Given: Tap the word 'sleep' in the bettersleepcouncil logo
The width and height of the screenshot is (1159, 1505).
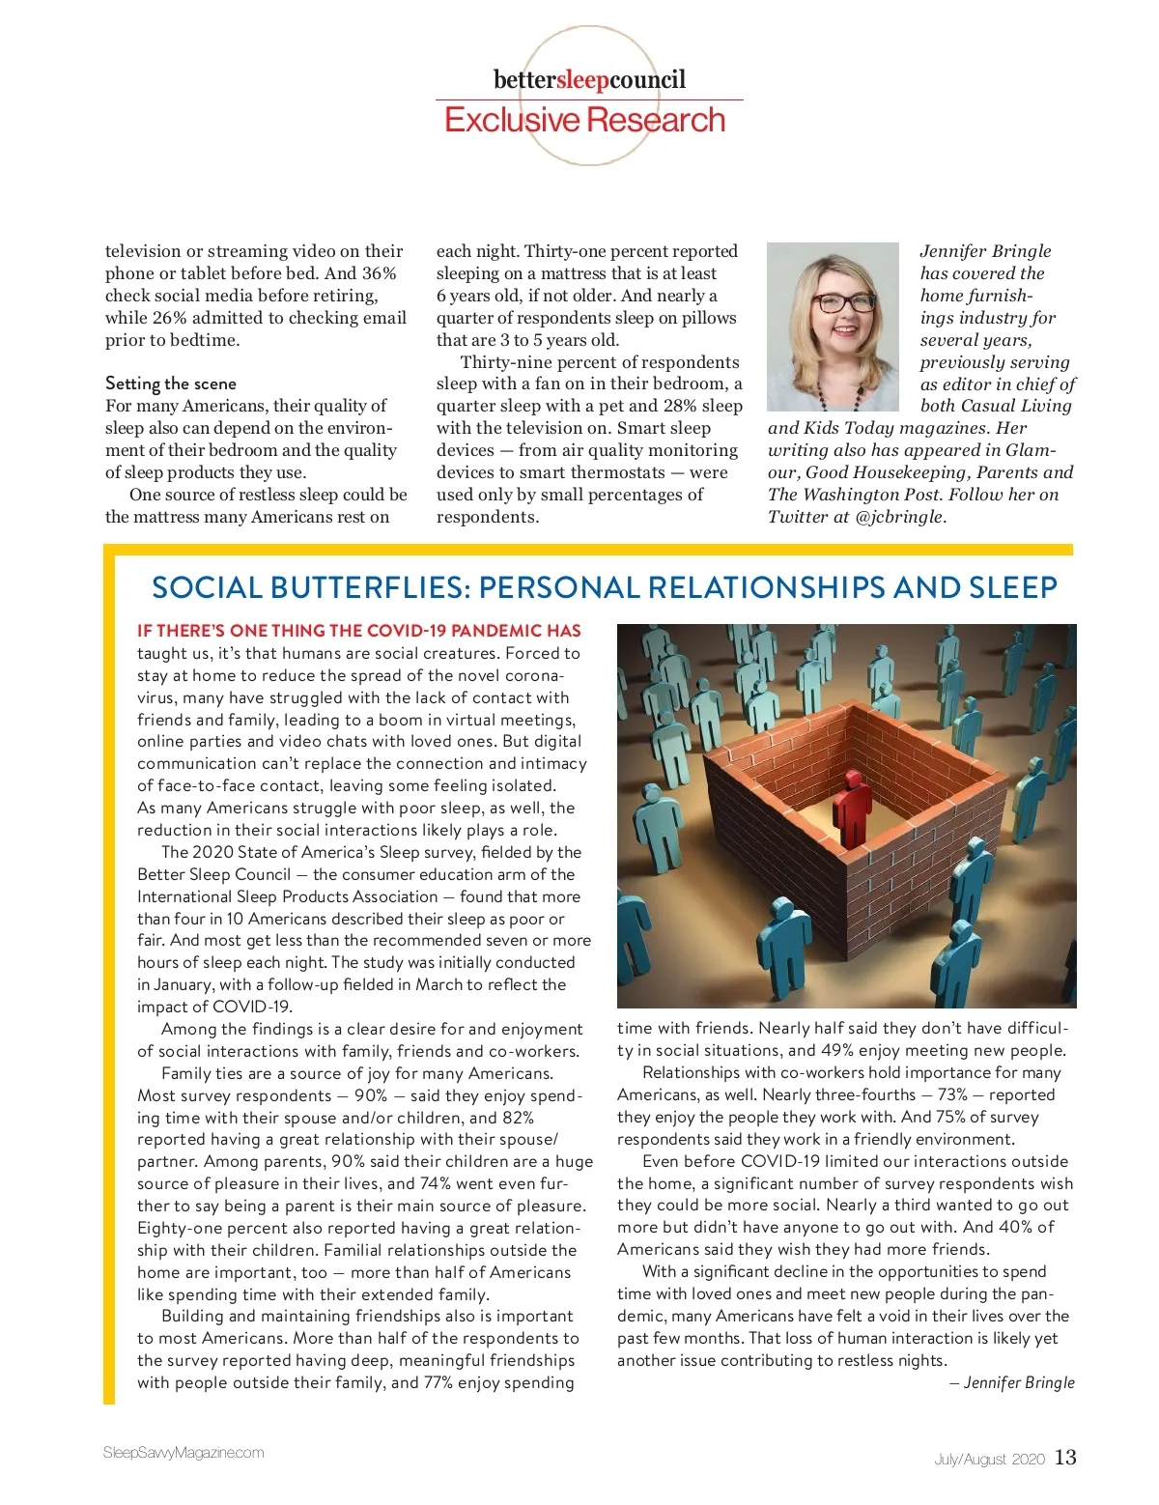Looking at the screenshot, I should point(582,79).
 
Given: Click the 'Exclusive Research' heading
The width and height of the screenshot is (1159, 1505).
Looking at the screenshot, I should point(584,120).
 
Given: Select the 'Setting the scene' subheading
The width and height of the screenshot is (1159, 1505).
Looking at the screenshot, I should point(171,383).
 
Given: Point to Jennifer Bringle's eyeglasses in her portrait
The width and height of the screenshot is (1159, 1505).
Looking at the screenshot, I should point(843,302).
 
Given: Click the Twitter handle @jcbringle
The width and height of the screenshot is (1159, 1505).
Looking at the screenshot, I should point(898,517).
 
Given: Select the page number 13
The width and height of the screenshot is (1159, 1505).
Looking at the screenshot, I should point(1064,1458).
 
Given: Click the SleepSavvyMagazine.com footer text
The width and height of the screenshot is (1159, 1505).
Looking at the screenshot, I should point(184,1453).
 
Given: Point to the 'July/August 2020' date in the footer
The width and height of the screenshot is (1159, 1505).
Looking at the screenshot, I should point(989,1459).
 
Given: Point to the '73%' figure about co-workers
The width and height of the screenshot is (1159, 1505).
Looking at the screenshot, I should point(952,1094).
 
